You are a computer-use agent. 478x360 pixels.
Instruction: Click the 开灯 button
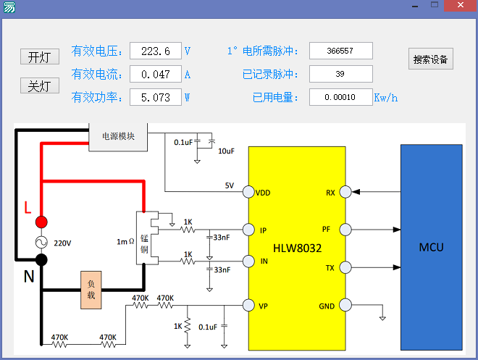[x=39, y=57]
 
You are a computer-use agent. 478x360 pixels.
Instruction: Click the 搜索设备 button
[x=430, y=59]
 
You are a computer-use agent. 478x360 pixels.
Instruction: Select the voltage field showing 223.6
[x=156, y=51]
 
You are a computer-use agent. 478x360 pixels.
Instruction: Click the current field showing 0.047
[x=156, y=74]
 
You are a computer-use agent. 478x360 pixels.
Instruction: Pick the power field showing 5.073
[x=156, y=97]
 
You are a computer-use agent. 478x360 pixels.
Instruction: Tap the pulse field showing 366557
[x=340, y=51]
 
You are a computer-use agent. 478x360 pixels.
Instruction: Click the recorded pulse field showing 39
[x=340, y=74]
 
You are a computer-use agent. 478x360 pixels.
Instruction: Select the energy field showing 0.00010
[x=340, y=97]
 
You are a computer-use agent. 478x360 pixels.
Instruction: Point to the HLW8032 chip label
[x=297, y=248]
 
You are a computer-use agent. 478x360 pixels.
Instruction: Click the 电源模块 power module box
[x=118, y=135]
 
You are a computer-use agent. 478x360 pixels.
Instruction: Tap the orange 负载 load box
[x=91, y=290]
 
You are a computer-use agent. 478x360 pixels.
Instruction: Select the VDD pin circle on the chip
[x=248, y=193]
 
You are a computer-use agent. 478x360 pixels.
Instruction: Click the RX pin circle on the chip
[x=345, y=193]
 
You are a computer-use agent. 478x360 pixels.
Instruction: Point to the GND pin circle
[x=345, y=306]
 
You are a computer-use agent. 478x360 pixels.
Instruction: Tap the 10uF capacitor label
[x=226, y=151]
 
